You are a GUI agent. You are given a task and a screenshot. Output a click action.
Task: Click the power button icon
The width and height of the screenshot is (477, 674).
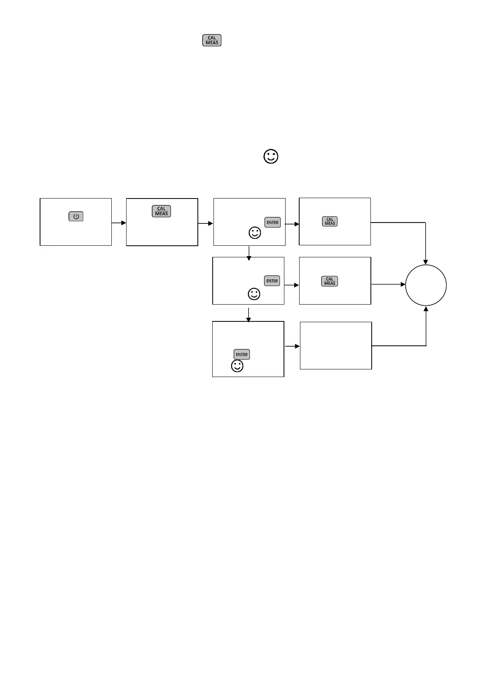click(x=76, y=217)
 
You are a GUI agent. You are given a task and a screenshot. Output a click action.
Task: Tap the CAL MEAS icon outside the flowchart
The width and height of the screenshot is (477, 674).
click(x=212, y=40)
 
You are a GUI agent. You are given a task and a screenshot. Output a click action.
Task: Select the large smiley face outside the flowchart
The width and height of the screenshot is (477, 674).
click(x=271, y=156)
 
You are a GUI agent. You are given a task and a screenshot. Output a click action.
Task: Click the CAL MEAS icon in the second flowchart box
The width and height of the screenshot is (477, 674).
click(x=161, y=211)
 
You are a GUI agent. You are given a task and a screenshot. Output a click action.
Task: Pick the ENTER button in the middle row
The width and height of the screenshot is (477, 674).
click(x=272, y=281)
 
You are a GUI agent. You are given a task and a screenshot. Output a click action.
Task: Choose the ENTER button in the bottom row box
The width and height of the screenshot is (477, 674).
click(x=242, y=355)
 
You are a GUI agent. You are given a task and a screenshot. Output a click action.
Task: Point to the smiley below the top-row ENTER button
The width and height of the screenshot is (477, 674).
click(x=255, y=233)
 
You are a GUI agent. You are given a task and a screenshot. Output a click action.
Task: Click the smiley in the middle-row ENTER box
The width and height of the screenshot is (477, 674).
click(x=254, y=294)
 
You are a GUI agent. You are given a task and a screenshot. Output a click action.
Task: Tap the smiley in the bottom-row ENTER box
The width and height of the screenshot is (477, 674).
click(x=237, y=366)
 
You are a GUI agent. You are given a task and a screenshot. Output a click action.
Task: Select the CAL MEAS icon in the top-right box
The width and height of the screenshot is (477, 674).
click(x=330, y=221)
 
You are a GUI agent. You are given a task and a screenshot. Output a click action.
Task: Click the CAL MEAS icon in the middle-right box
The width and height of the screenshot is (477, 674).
click(x=330, y=281)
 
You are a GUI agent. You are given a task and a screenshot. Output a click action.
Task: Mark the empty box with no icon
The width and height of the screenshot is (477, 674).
click(x=336, y=345)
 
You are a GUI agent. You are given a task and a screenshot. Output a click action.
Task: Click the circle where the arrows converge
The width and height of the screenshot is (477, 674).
click(x=426, y=285)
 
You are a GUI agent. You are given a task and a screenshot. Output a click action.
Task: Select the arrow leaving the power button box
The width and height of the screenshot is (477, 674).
click(x=119, y=223)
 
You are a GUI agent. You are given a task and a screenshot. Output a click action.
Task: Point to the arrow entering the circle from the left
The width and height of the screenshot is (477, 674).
click(x=388, y=285)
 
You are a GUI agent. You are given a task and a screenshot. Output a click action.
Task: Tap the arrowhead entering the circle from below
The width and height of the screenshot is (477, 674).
click(x=426, y=309)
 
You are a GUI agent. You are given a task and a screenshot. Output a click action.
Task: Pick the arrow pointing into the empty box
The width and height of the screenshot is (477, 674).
click(x=292, y=346)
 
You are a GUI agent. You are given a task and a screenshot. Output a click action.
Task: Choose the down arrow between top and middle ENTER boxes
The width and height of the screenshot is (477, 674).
click(x=249, y=253)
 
